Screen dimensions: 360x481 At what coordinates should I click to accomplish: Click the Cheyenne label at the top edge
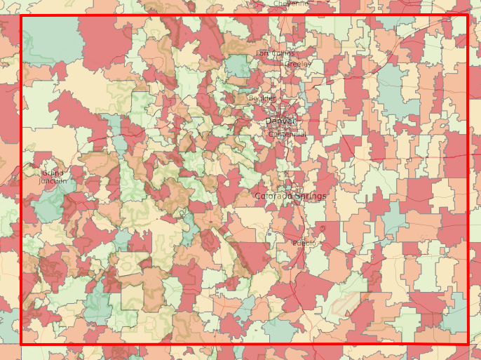291,3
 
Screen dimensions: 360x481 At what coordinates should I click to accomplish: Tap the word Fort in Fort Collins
262,53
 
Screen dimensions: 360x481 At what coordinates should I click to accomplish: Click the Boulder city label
262,98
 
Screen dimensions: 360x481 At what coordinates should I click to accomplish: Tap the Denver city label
280,121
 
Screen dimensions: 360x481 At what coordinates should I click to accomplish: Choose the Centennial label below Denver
287,134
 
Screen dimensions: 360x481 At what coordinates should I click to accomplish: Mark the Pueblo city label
304,243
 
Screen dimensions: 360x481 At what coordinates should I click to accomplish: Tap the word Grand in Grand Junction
53,173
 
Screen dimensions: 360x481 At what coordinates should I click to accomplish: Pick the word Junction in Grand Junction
53,180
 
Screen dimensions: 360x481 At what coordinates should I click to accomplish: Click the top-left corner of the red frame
22,16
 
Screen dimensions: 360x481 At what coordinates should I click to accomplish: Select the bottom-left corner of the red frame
22,343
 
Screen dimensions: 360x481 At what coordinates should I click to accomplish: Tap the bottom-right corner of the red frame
467,343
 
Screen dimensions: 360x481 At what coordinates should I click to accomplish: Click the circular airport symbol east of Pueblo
322,229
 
